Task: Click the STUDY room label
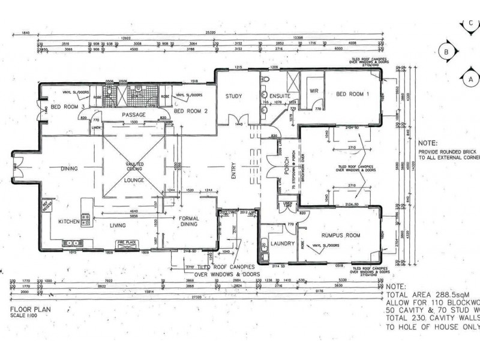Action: tap(233, 96)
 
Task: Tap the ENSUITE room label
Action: tap(279, 96)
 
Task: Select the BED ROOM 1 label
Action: tap(353, 94)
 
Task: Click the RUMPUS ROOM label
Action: tap(340, 236)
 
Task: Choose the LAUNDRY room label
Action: tap(283, 244)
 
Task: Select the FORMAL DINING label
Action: tap(189, 221)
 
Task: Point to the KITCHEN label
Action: tap(68, 222)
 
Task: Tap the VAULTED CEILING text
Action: tap(134, 166)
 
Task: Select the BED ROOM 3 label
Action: tap(67, 107)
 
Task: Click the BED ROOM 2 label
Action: tap(190, 111)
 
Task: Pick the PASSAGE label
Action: tap(134, 114)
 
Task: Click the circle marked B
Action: tap(446, 52)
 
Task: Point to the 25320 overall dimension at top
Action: tap(209, 31)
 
